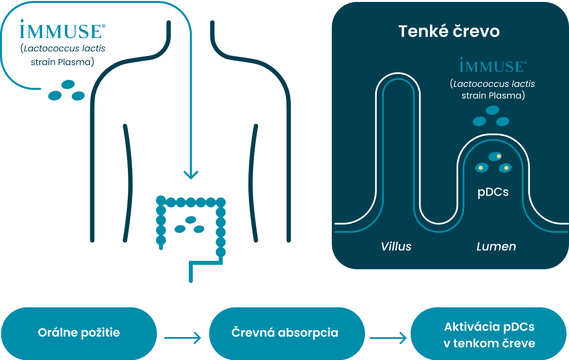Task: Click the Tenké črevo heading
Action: click(449, 31)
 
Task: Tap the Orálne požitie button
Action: click(79, 333)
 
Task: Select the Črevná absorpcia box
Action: click(284, 333)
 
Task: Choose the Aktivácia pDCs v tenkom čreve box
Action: click(489, 335)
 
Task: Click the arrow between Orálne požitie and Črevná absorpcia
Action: click(183, 338)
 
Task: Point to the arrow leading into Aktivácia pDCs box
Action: click(388, 338)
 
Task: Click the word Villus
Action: click(396, 246)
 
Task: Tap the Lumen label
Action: click(496, 246)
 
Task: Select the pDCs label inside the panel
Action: click(493, 192)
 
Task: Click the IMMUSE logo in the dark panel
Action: click(493, 65)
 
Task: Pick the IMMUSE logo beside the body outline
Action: click(61, 30)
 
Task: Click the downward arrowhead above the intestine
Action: click(190, 174)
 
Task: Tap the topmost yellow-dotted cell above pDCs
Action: click(495, 157)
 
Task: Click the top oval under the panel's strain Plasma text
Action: click(492, 110)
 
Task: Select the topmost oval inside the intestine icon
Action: click(190, 220)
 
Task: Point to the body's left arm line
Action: click(128, 180)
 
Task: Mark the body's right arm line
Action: click(253, 180)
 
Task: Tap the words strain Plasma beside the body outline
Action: click(62, 62)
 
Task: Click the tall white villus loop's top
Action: click(397, 76)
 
